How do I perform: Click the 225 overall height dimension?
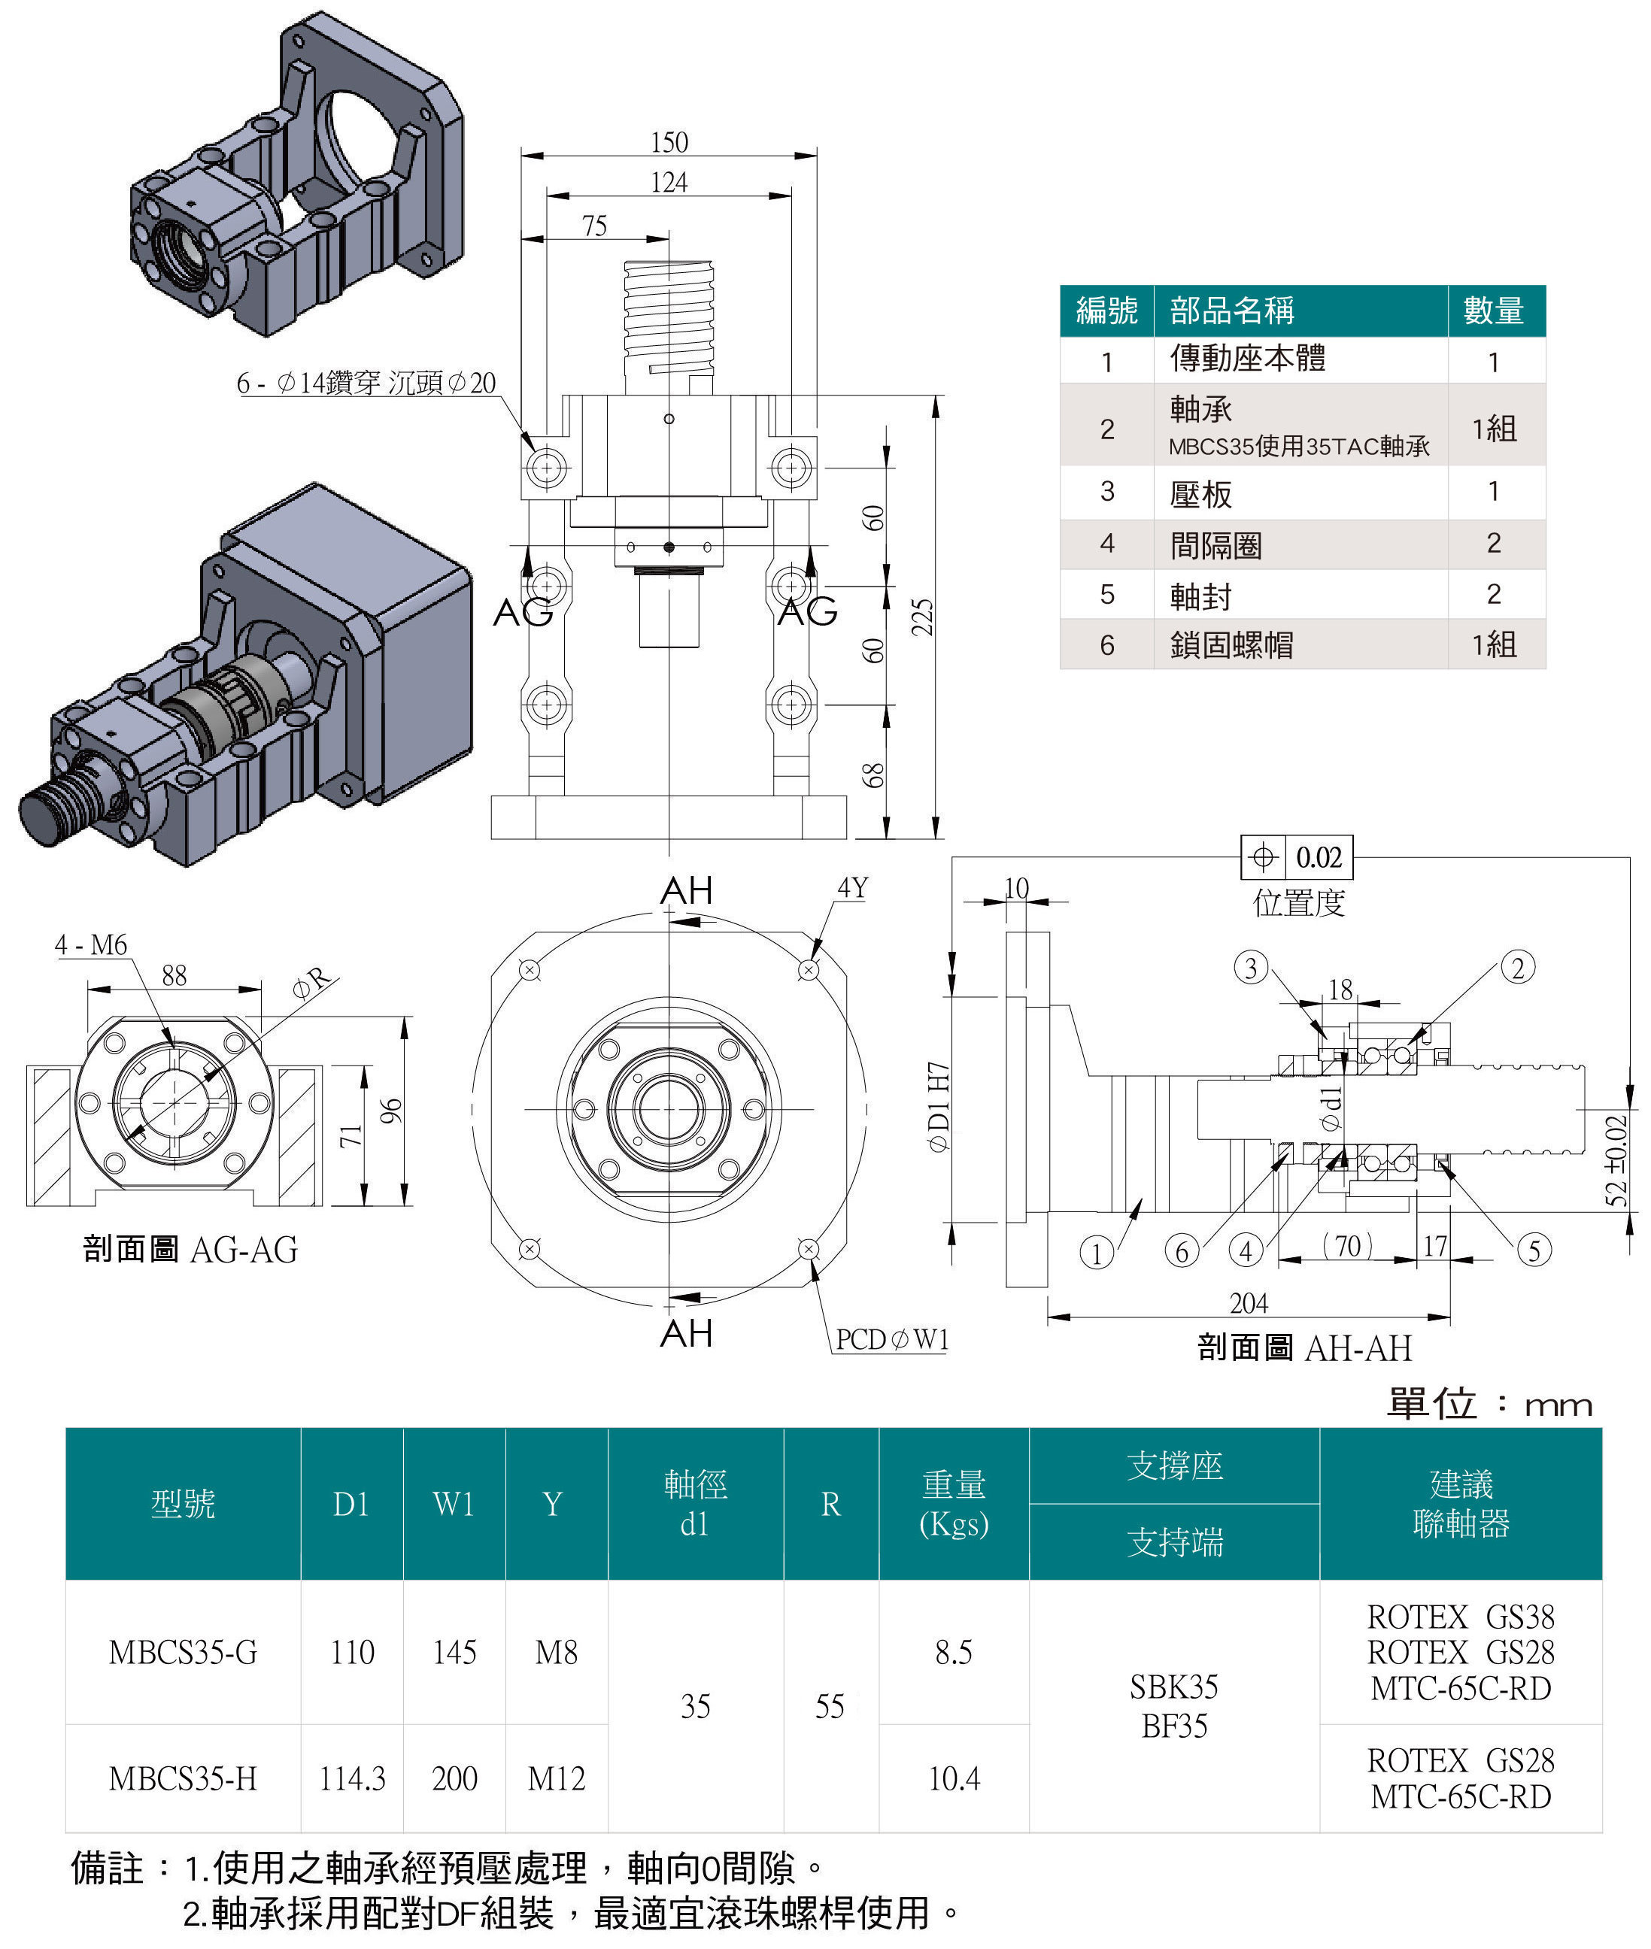(922, 617)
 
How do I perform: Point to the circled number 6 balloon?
(1181, 1251)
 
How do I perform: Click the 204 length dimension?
(1249, 1303)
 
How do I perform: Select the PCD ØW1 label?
(892, 1340)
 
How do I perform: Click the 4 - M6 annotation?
(91, 945)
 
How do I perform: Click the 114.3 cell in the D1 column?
(352, 1778)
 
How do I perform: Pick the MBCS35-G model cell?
(183, 1653)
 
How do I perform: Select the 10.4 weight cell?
(954, 1778)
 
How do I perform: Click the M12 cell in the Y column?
(556, 1778)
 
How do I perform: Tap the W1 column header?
(454, 1504)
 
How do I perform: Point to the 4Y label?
(851, 887)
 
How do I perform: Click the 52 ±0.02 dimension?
(1616, 1160)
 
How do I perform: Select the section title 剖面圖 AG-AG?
(190, 1249)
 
